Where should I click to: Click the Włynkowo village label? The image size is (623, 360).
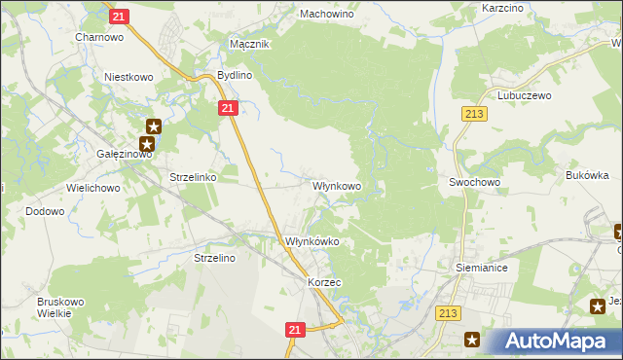pos(337,185)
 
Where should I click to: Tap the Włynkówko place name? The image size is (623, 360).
pos(311,241)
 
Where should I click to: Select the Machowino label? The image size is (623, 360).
pos(327,15)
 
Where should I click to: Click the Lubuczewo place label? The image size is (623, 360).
pos(525,96)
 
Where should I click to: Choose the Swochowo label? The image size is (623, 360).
pos(474,182)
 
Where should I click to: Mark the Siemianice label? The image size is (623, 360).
pos(482,266)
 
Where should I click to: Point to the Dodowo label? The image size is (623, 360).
pos(45,211)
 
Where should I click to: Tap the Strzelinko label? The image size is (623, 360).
pos(193,179)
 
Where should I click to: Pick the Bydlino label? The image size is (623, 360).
pos(235,74)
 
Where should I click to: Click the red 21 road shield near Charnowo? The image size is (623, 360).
pos(119,16)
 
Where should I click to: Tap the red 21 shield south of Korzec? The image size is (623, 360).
pos(296,331)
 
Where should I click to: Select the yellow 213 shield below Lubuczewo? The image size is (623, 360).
pos(474,115)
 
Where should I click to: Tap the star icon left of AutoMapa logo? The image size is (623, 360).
pos(473,340)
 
